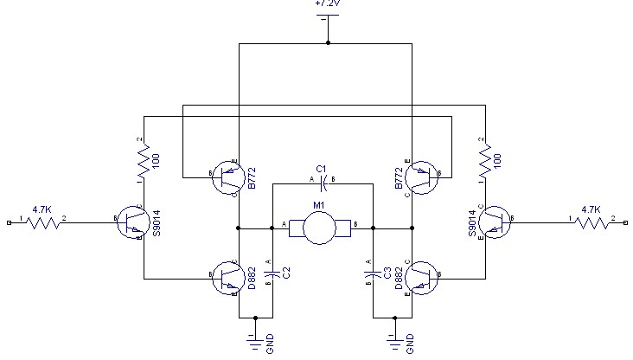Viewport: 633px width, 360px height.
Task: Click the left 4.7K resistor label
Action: pyautogui.click(x=42, y=209)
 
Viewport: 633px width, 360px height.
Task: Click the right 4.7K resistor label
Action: pyautogui.click(x=591, y=209)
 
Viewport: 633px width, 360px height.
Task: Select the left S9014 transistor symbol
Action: pyautogui.click(x=131, y=222)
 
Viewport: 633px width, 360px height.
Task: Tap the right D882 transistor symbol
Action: pyautogui.click(x=421, y=277)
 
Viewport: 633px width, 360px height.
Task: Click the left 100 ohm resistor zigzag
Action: pyautogui.click(x=144, y=161)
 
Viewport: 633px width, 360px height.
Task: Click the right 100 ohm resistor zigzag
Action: pyautogui.click(x=484, y=161)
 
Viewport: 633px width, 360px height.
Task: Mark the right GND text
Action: pyautogui.click(x=410, y=343)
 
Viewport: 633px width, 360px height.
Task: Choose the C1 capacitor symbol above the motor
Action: pyautogui.click(x=321, y=183)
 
